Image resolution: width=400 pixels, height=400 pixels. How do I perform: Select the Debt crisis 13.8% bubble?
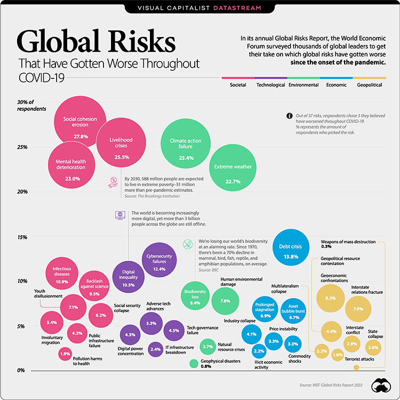click(x=291, y=248)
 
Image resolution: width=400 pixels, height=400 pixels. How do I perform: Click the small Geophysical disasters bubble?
click(x=194, y=364)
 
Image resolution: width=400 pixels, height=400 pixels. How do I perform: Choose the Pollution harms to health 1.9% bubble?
click(x=65, y=354)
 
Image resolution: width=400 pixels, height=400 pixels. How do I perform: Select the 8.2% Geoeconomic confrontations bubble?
click(x=330, y=298)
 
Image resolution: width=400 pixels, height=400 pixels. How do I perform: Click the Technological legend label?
click(x=270, y=85)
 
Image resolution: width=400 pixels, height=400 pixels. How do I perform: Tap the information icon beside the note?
click(x=289, y=115)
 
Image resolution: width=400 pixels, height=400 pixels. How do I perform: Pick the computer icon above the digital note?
click(x=120, y=215)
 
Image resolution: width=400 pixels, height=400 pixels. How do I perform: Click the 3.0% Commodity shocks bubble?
click(x=293, y=344)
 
